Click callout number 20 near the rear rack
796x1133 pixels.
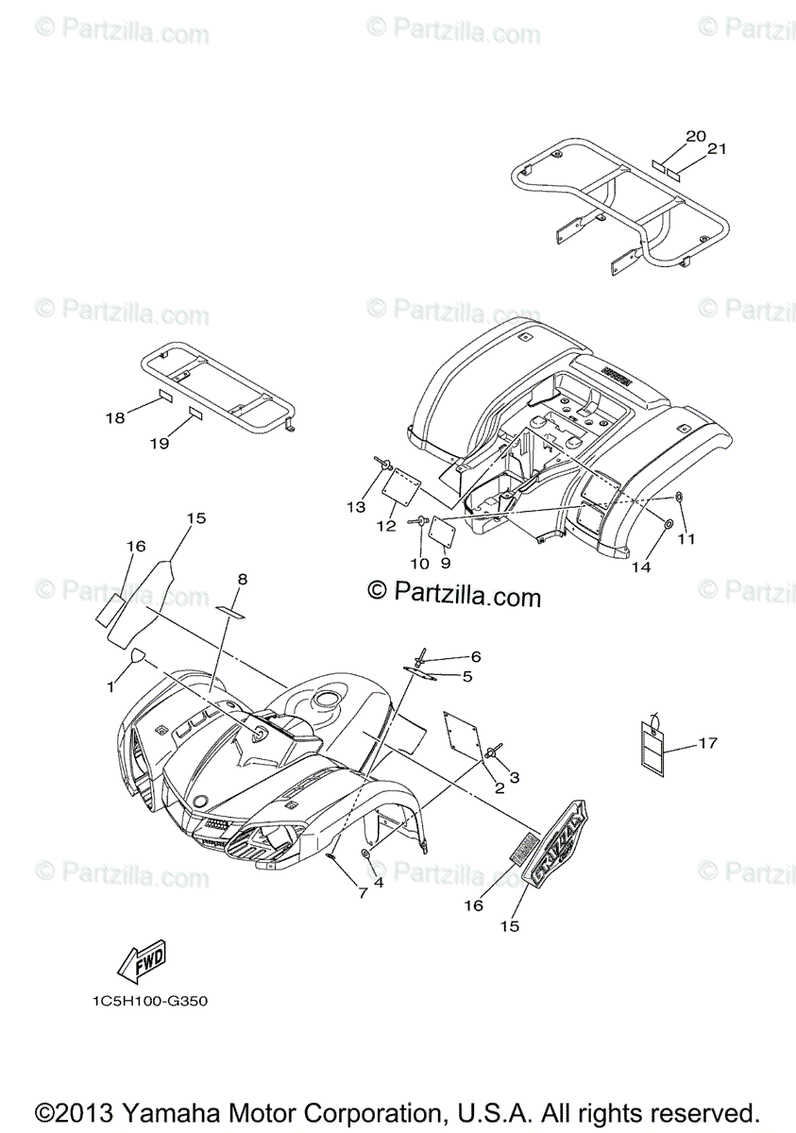pos(696,136)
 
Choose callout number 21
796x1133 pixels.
pos(718,148)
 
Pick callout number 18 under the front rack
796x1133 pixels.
pos(114,417)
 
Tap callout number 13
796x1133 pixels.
pos(355,507)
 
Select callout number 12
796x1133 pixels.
pos(386,526)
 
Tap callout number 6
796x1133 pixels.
pos(475,655)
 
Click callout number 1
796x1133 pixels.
pos(110,686)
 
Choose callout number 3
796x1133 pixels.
pos(515,777)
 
